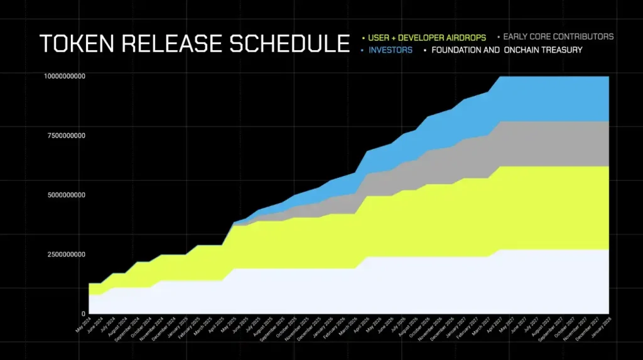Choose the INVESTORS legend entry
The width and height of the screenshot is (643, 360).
391,50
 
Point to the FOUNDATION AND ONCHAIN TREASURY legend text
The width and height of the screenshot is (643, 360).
507,50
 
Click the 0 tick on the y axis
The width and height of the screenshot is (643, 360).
83,314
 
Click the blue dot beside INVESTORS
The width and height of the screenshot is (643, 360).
364,50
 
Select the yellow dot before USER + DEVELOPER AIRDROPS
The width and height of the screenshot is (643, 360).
364,36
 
